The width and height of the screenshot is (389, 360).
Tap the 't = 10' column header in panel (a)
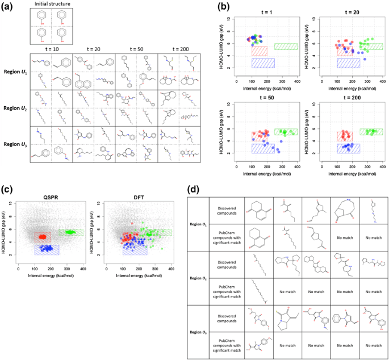(x=53, y=50)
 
